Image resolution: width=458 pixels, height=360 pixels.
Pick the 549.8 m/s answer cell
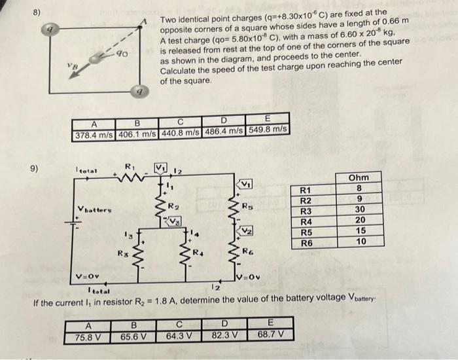click(267, 129)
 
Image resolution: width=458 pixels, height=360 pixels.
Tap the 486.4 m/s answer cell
click(223, 130)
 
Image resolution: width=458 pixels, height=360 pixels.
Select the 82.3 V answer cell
click(224, 335)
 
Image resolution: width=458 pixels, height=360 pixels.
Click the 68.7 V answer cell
click(270, 334)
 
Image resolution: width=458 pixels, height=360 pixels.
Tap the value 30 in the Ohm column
click(359, 211)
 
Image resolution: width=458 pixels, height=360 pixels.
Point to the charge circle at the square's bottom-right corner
click(138, 92)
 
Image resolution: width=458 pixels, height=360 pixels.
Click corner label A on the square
click(144, 21)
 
